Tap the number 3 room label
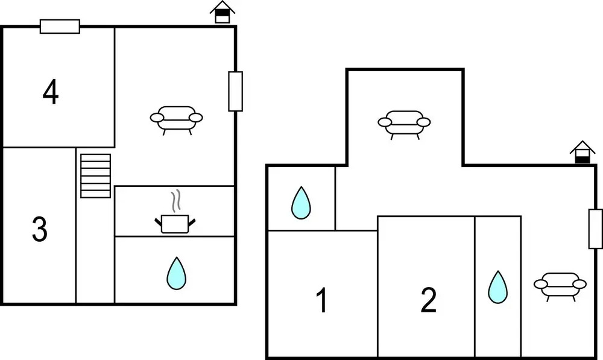40,230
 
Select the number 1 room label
323,300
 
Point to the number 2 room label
428,300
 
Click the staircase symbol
96,175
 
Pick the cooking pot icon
175,223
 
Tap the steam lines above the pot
175,201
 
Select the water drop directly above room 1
301,203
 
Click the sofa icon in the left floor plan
176,119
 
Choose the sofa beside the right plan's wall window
560,285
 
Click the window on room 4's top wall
60,27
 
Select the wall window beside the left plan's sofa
235,91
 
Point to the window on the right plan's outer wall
595,229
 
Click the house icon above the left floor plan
222,12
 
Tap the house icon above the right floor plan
582,152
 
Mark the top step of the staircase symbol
96,158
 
